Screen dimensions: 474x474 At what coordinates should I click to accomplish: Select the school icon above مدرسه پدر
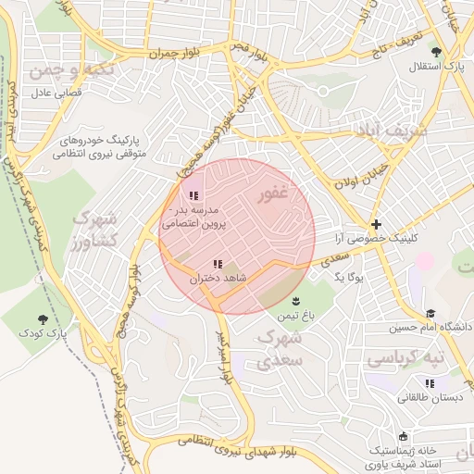pos(193,195)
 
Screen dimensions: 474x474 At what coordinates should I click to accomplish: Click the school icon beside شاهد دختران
pos(218,265)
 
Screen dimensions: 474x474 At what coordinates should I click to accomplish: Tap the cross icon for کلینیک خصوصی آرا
pos(376,225)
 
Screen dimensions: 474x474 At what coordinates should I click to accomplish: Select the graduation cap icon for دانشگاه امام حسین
pos(430,314)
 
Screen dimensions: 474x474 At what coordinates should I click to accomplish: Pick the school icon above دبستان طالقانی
pos(429,383)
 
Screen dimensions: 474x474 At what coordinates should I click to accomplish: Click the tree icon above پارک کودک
pos(44,318)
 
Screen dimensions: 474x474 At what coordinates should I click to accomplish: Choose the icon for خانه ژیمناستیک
pos(402,436)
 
